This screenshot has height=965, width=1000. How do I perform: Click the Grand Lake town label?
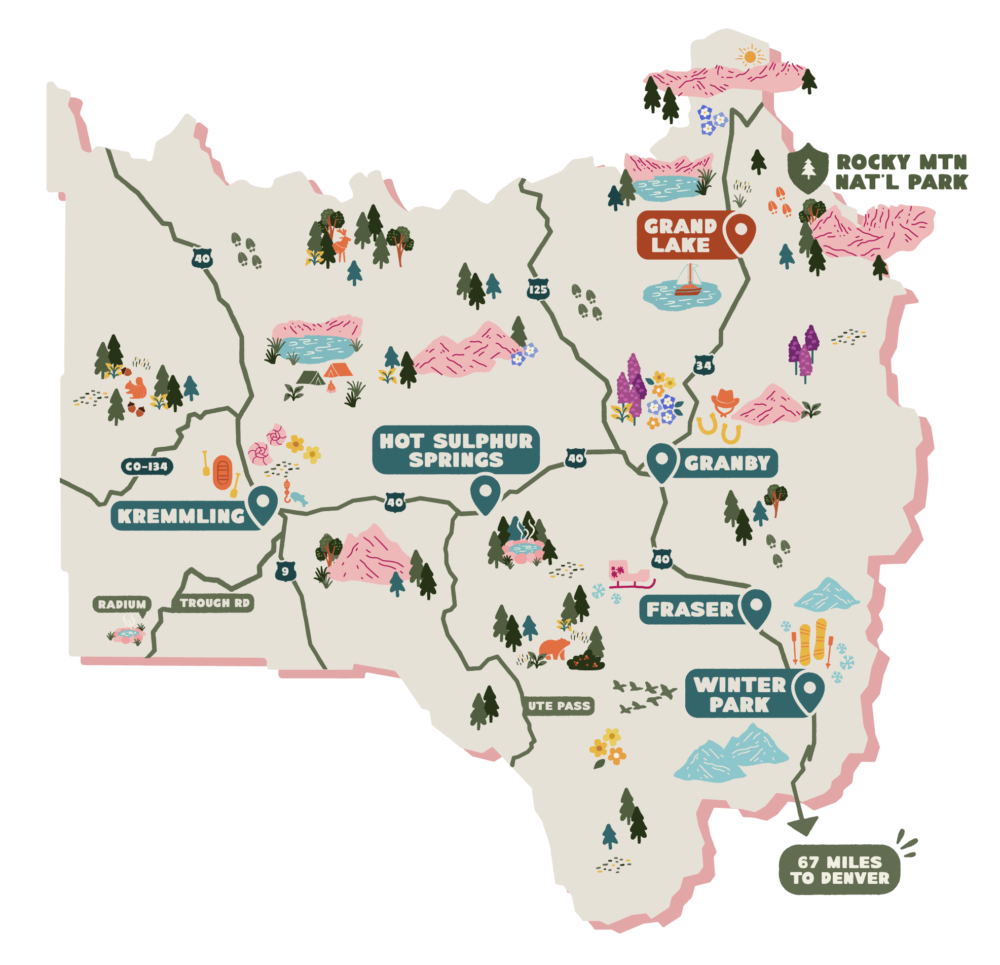(x=681, y=235)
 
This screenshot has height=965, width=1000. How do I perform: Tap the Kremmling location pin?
(x=263, y=505)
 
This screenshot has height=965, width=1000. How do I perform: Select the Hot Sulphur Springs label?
(x=456, y=450)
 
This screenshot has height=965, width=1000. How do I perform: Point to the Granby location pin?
(x=662, y=462)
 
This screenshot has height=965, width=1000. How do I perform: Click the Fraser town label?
(x=689, y=609)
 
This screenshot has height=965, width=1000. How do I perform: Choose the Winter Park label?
(x=739, y=695)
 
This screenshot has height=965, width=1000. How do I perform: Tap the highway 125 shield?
(x=538, y=290)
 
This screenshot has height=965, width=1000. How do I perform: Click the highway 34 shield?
(x=703, y=366)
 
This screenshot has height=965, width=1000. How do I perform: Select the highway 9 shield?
(x=285, y=571)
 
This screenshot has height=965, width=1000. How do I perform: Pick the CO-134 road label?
(x=147, y=466)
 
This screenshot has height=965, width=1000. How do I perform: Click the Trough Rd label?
(x=214, y=603)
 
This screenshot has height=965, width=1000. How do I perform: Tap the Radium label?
(x=122, y=604)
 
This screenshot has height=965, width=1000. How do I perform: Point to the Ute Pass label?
(x=559, y=706)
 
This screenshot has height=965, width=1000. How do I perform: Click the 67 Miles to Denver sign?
(x=840, y=870)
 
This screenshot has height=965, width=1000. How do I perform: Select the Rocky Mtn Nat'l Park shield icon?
(x=807, y=167)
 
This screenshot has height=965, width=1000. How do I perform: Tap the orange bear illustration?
(x=555, y=649)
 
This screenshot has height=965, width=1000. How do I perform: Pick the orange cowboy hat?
(x=724, y=400)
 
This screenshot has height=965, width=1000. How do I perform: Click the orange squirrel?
(x=136, y=388)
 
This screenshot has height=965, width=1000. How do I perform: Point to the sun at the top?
(x=750, y=56)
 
